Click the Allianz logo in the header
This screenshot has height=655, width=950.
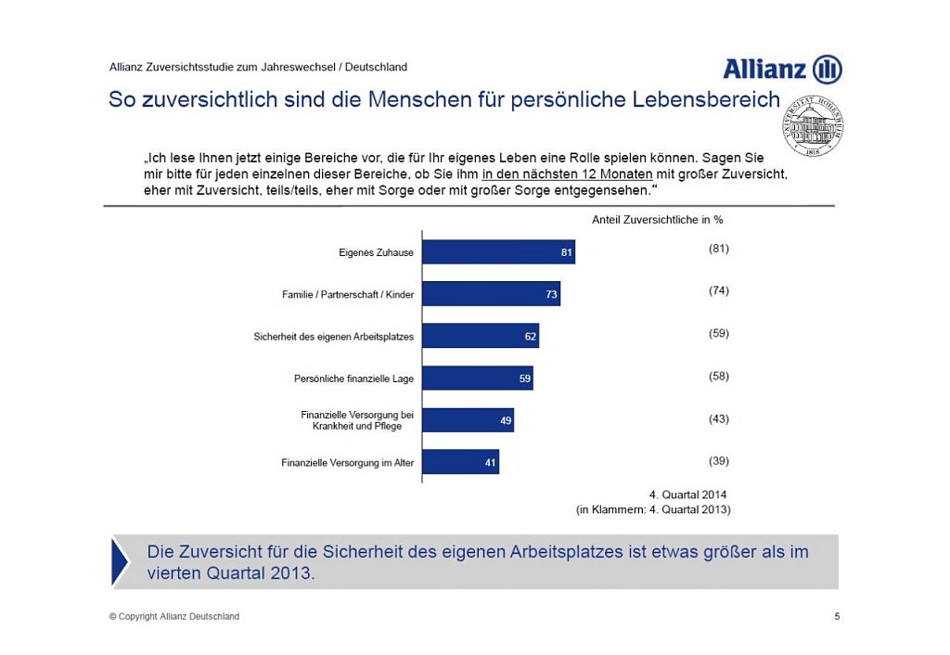[x=782, y=70]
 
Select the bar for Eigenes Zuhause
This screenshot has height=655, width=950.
[x=498, y=251]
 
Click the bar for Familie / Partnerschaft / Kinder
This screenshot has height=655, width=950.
[x=491, y=294]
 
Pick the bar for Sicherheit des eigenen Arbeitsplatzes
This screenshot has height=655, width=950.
[x=481, y=336]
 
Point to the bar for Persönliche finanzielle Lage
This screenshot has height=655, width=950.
[x=478, y=378]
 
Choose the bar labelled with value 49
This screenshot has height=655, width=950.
[x=468, y=420]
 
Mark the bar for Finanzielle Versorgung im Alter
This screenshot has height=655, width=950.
[x=460, y=462]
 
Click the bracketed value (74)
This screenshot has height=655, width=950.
[x=718, y=290]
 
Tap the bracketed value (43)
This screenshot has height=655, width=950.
[x=718, y=418]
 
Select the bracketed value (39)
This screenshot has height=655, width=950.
[x=718, y=461]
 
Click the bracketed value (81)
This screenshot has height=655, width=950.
[x=718, y=249]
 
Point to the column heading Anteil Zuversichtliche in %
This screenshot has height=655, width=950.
[x=657, y=220]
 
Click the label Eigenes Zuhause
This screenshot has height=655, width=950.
[x=376, y=252]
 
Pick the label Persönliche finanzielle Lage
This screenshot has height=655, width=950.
[x=353, y=379]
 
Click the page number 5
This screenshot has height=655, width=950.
[x=837, y=616]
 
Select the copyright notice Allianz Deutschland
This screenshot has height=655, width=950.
[x=174, y=616]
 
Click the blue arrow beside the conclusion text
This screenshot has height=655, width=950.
[x=121, y=561]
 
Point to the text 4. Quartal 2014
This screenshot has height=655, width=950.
[x=687, y=494]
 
